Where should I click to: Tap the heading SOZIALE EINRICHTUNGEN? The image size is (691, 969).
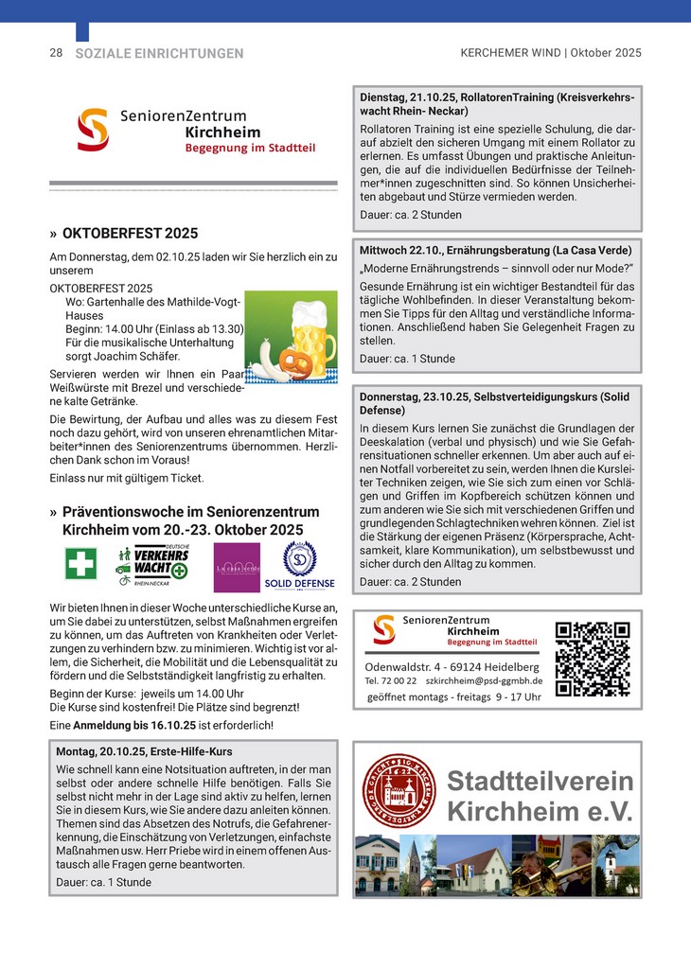tap(159, 54)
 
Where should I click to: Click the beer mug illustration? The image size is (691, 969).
tap(311, 337)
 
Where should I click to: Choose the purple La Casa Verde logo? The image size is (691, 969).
tap(236, 566)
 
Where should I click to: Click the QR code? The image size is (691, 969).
tap(593, 658)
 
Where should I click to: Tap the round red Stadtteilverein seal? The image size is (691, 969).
tap(399, 788)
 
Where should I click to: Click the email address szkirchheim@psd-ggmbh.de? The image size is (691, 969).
tap(483, 680)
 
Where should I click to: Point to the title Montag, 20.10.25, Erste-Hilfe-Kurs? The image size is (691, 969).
tap(144, 751)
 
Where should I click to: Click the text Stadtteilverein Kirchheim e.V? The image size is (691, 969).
tap(540, 797)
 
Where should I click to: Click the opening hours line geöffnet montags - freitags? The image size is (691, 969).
tap(453, 697)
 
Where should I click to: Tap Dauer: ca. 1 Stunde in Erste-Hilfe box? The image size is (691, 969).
tap(103, 882)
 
